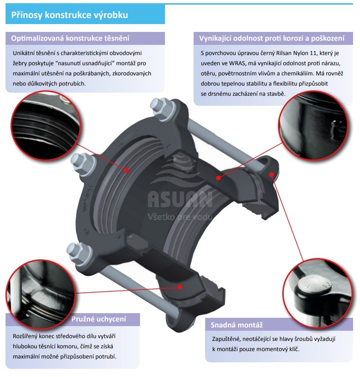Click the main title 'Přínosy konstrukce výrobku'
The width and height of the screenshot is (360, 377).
pyautogui.click(x=69, y=15)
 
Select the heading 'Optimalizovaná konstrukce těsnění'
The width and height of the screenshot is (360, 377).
pyautogui.click(x=70, y=38)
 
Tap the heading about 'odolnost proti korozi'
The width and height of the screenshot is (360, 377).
pyautogui.click(x=272, y=38)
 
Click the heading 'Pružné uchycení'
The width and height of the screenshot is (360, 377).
pyautogui.click(x=99, y=319)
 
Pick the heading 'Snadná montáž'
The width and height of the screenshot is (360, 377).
pyautogui.click(x=237, y=325)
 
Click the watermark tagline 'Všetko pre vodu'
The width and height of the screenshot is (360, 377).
pyautogui.click(x=180, y=217)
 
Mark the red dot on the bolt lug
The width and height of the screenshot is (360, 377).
pyautogui.click(x=271, y=174)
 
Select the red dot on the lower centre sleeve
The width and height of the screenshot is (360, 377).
pyautogui.click(x=180, y=287)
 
